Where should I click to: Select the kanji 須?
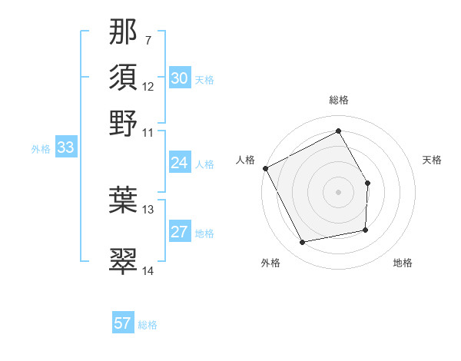(x=124, y=78)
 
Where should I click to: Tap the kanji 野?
(x=124, y=122)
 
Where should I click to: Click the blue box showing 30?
(x=179, y=78)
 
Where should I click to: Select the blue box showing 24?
(x=179, y=163)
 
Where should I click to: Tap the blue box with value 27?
(x=179, y=233)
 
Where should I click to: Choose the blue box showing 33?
(x=65, y=148)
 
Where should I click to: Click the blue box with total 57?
(x=122, y=323)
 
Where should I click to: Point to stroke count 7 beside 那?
(x=148, y=40)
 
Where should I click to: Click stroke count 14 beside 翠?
(x=148, y=270)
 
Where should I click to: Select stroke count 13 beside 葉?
(x=148, y=209)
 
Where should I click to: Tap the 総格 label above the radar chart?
(x=339, y=100)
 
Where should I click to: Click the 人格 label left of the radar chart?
(x=245, y=160)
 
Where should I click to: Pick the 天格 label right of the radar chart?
(x=433, y=160)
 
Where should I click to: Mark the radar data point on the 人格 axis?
(x=266, y=168)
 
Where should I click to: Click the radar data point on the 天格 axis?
(x=367, y=183)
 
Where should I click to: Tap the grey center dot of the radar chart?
(x=338, y=192)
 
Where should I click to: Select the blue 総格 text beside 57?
(x=148, y=324)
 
